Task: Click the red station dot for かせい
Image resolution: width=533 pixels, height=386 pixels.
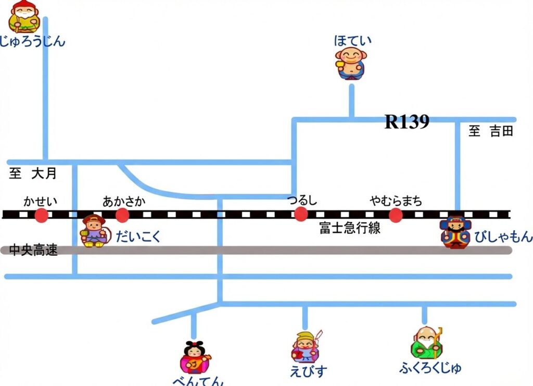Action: click(41, 215)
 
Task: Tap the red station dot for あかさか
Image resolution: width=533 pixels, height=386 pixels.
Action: click(122, 215)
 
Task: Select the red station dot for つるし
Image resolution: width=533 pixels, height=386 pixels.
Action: click(300, 214)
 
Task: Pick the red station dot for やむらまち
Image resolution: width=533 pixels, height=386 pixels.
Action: click(396, 215)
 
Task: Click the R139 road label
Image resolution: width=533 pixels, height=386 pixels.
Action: click(407, 122)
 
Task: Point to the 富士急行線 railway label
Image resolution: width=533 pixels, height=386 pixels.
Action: click(350, 228)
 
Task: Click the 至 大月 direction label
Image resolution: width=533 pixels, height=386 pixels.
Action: click(33, 174)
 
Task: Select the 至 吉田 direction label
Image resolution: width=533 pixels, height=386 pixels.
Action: click(491, 131)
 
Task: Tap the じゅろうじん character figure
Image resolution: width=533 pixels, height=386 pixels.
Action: click(24, 17)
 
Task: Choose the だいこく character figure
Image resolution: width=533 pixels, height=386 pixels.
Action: click(94, 230)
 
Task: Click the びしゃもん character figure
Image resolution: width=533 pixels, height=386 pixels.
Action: click(454, 232)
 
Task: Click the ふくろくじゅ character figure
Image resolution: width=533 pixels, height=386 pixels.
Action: click(426, 343)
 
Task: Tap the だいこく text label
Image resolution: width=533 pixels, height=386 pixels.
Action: click(138, 237)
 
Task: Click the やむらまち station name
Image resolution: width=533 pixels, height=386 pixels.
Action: click(396, 201)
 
